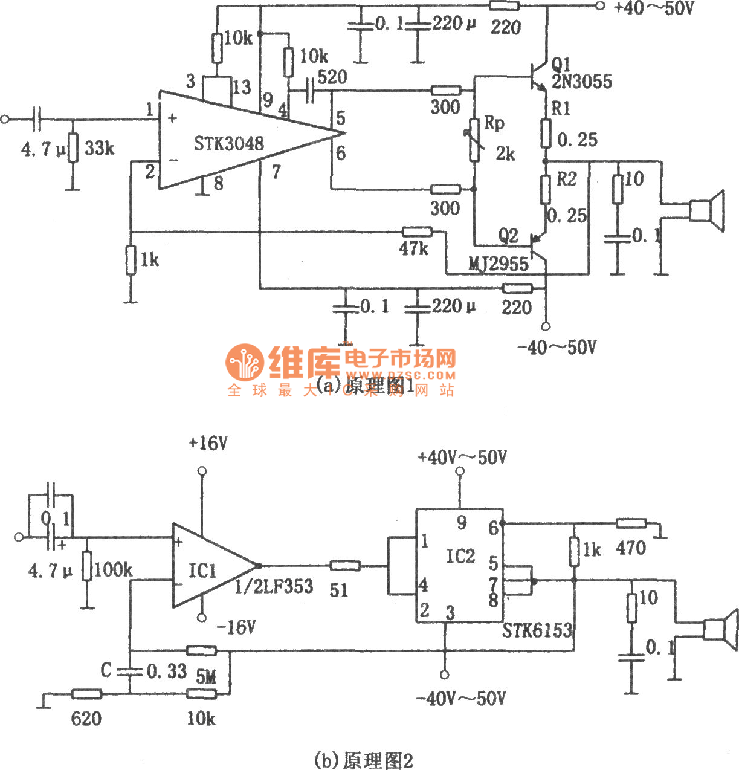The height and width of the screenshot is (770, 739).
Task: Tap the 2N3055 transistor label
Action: [x=581, y=82]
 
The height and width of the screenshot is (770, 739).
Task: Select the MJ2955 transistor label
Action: [x=499, y=264]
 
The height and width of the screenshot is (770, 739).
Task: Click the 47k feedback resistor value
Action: [x=414, y=248]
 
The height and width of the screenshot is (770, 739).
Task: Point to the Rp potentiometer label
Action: [x=494, y=123]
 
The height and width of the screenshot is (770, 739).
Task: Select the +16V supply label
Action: [x=208, y=444]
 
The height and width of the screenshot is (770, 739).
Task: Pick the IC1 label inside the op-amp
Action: [x=202, y=571]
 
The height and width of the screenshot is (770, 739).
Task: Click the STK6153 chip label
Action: [x=537, y=630]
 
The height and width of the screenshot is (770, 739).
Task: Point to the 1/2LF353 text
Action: [x=274, y=586]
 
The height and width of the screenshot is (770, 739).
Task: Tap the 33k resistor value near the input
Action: [x=99, y=148]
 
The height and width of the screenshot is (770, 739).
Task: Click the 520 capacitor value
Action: [x=332, y=77]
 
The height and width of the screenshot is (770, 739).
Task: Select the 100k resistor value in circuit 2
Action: [x=113, y=569]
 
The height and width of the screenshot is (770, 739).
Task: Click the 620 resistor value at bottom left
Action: [x=86, y=718]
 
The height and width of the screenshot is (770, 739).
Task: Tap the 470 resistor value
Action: [x=631, y=548]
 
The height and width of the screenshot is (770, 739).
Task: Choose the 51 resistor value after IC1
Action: [x=339, y=589]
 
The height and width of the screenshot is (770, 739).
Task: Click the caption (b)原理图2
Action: [x=364, y=760]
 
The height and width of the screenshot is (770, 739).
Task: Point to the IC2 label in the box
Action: [x=460, y=556]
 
